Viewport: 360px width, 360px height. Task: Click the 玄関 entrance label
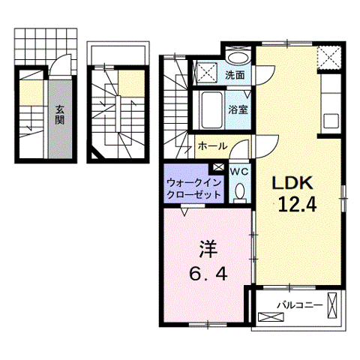tap(59, 113)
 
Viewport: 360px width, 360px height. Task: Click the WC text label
tap(239, 170)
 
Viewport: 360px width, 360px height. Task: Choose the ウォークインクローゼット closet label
tap(193, 187)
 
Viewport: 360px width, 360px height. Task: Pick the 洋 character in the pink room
tap(208, 247)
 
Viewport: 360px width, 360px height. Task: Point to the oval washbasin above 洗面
tap(239, 58)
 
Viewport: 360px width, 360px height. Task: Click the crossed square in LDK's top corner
tap(327, 57)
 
